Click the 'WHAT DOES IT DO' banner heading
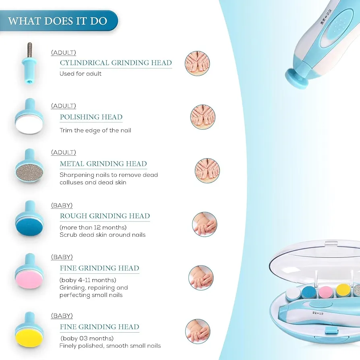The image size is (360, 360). point(58,21)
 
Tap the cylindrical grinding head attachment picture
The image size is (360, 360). point(29,64)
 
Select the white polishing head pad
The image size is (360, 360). point(29,125)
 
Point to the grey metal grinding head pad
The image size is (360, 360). point(29,173)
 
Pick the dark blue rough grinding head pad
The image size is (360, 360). point(29,227)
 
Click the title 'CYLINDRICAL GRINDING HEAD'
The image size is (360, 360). point(116,63)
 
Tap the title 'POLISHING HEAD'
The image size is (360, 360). point(91,117)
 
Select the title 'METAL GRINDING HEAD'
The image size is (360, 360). point(103,164)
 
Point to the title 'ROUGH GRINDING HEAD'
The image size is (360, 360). point(105,216)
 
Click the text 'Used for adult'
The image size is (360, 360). point(81,74)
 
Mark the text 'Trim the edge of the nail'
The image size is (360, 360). point(95,130)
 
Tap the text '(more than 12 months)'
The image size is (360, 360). point(93,228)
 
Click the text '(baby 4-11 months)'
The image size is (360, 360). point(88,280)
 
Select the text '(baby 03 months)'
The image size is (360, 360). point(87,338)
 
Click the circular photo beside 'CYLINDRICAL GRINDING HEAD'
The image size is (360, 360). point(197,63)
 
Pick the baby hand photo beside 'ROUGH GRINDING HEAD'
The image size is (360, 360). point(205,224)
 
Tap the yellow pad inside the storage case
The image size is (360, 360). point(343,291)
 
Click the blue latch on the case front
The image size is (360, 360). point(331,331)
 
